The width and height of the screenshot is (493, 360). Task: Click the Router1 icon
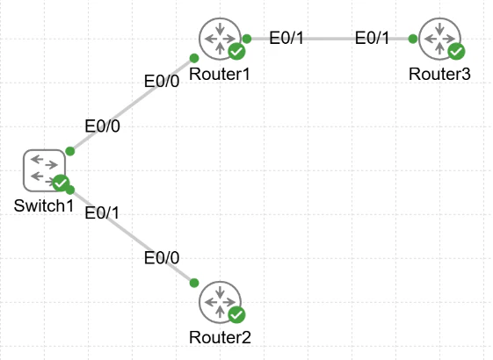coord(220,39)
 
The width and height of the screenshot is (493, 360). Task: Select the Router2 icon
coord(220,302)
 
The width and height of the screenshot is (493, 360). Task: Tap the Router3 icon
coord(440,39)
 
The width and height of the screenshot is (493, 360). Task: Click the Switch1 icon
coord(44,170)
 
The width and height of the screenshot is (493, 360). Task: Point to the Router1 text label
coord(220,75)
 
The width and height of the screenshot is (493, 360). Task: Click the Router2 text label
coord(220,338)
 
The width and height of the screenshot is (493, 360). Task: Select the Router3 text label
coord(439,75)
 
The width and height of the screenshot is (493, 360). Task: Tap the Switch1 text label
coord(44,206)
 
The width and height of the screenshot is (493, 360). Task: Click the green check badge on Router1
coord(236,51)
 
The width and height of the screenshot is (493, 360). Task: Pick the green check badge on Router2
coord(236,314)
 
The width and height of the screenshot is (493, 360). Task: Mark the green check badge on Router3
coord(456,51)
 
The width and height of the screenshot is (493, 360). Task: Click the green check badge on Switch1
coord(61,183)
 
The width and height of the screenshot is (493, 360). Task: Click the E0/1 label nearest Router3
coord(372,38)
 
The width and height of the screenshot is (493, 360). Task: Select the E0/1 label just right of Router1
coord(286,38)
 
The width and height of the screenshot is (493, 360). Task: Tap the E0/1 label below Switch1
coord(102,213)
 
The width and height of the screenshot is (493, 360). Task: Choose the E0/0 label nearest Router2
coord(162,258)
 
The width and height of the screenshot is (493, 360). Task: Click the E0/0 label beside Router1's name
coord(162,82)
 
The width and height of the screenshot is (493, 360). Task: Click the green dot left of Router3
coord(413,39)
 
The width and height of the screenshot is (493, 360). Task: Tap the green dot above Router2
coord(194,283)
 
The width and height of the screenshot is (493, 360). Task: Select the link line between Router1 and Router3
coord(330,39)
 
